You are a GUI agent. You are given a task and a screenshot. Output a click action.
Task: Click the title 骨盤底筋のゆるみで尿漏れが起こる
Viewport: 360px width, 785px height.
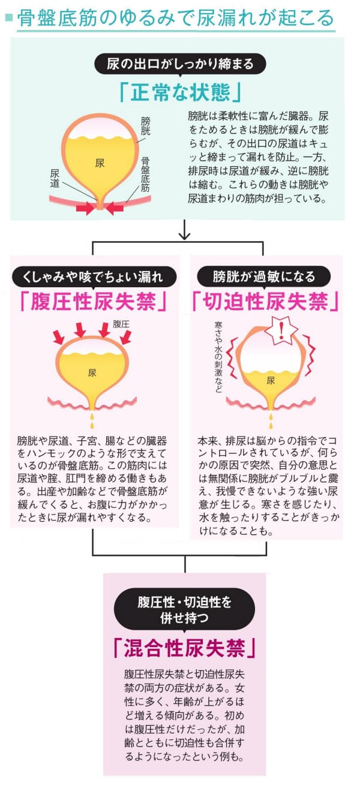pyautogui.click(x=175, y=18)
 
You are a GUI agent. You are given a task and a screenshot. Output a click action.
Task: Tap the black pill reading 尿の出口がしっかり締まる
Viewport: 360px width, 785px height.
pyautogui.click(x=180, y=64)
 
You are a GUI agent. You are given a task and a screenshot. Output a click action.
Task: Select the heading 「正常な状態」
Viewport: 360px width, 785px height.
pyautogui.click(x=180, y=92)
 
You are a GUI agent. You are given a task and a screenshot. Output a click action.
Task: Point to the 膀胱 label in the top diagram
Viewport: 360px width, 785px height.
pyautogui.click(x=145, y=126)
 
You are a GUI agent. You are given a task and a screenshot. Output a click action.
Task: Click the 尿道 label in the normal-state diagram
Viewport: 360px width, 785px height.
pyautogui.click(x=55, y=178)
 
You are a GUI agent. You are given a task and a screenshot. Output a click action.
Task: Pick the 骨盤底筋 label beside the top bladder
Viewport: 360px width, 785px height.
pyautogui.click(x=145, y=174)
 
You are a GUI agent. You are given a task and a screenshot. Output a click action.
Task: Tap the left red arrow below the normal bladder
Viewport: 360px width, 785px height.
pyautogui.click(x=86, y=208)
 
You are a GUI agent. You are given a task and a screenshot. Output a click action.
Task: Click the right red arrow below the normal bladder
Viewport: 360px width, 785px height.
pyautogui.click(x=114, y=208)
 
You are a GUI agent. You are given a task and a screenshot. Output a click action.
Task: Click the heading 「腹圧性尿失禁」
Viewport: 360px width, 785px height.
pyautogui.click(x=93, y=302)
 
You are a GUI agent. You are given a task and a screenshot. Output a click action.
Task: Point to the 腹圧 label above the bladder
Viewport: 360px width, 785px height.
pyautogui.click(x=121, y=324)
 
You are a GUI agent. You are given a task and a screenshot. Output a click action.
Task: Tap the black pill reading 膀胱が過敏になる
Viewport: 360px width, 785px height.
pyautogui.click(x=264, y=276)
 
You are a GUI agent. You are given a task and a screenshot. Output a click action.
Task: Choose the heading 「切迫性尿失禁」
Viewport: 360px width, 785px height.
pyautogui.click(x=265, y=302)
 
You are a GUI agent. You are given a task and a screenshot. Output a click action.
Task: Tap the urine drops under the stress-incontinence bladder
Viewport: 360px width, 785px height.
pyautogui.click(x=92, y=420)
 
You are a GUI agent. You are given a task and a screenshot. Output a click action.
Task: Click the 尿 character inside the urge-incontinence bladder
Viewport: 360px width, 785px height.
pyautogui.click(x=271, y=381)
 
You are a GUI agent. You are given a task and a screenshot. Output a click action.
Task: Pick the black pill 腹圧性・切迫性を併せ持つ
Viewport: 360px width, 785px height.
pyautogui.click(x=184, y=610)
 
